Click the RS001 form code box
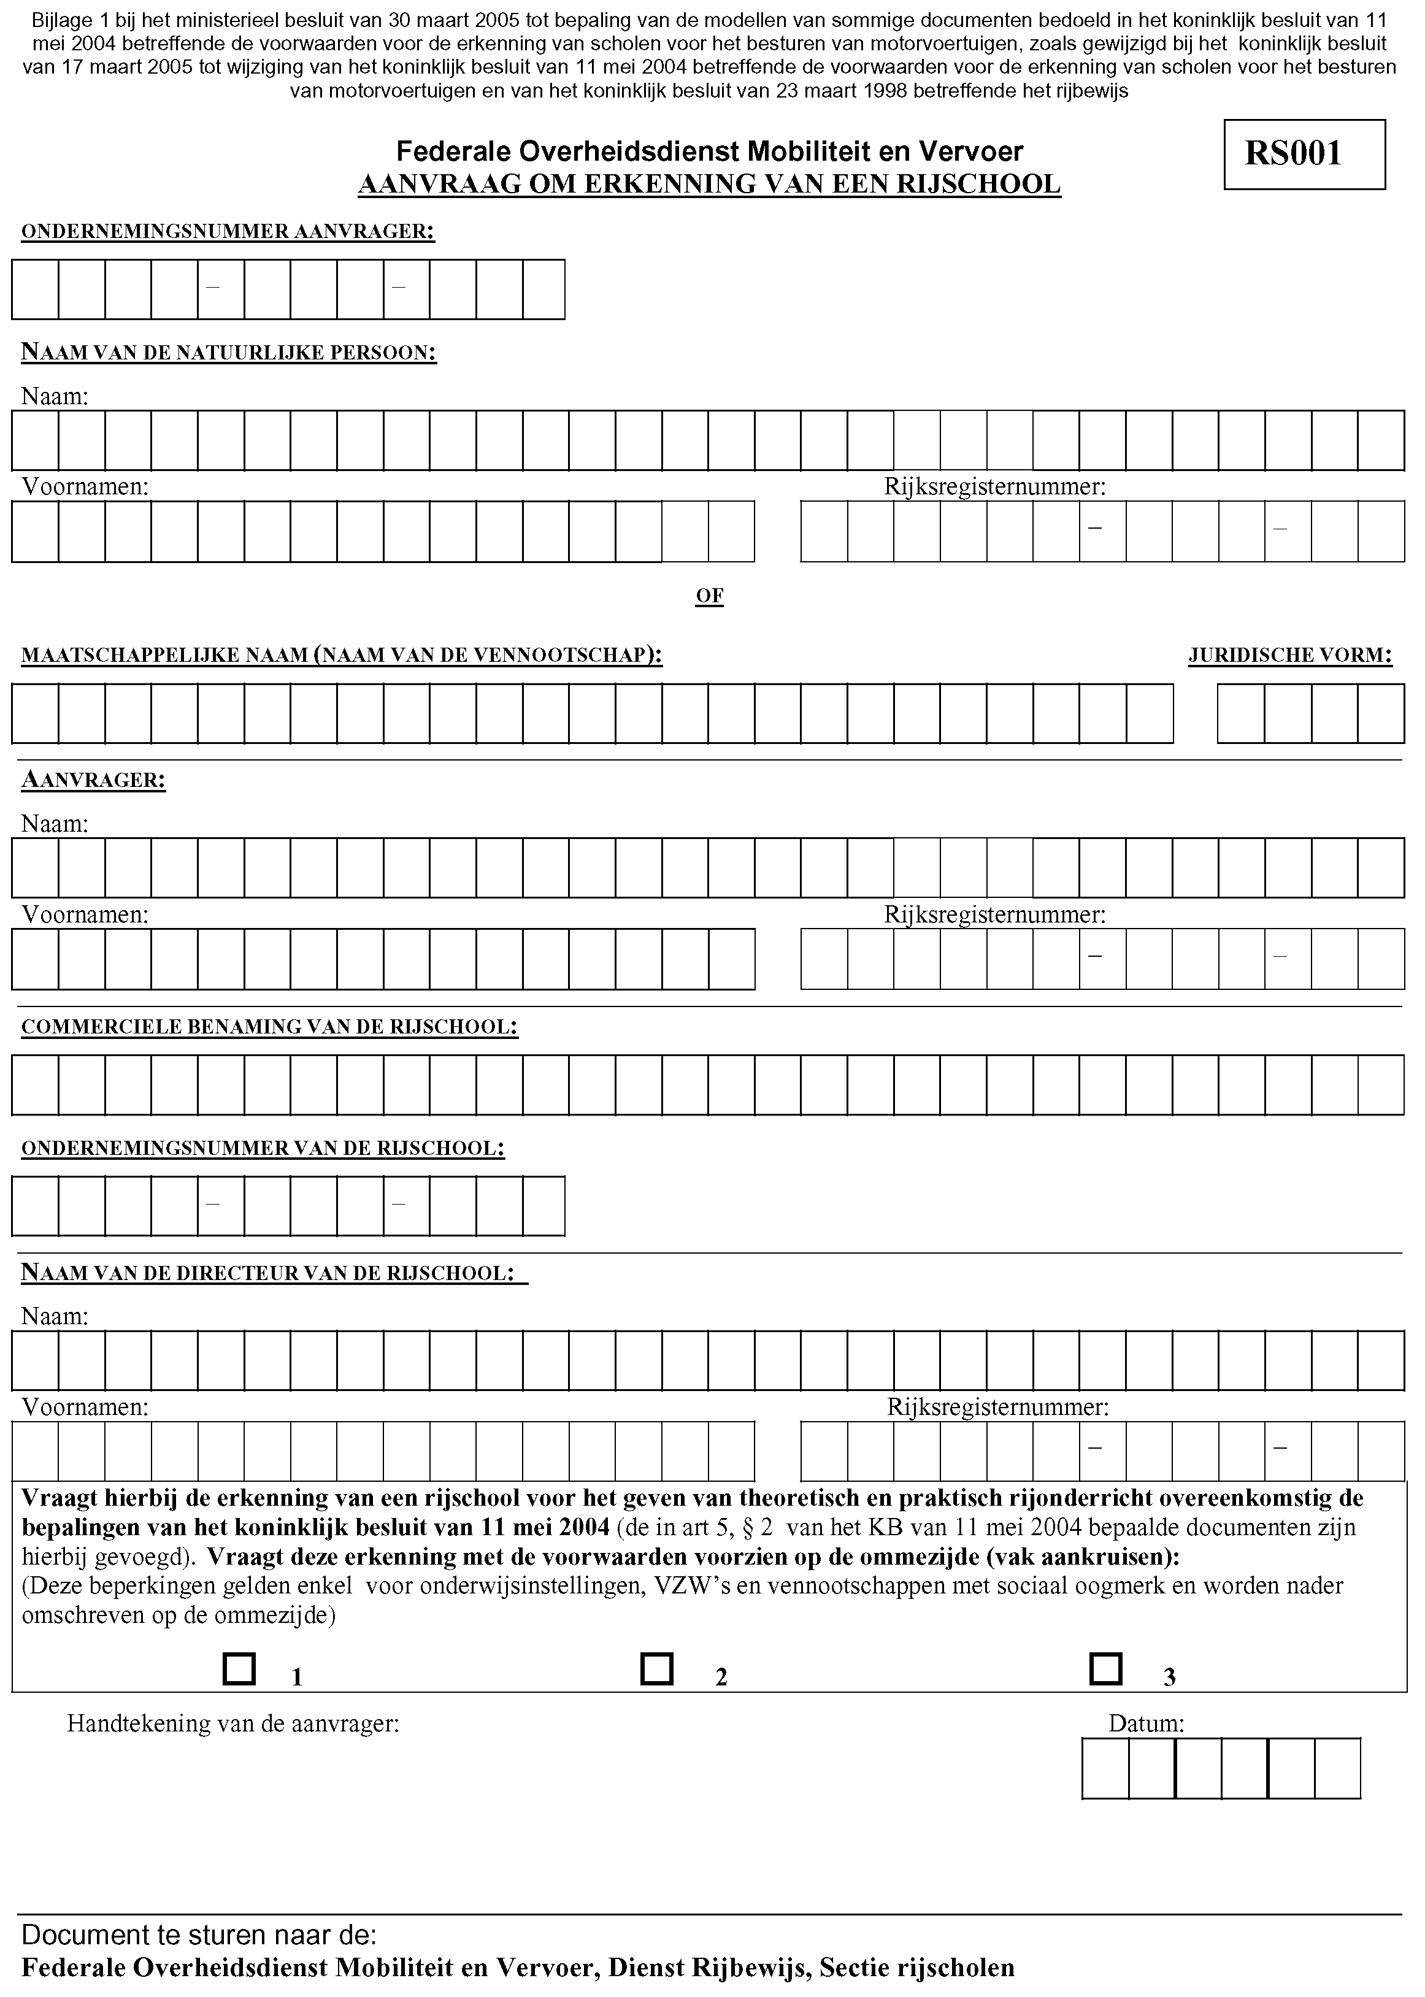pos(1304,155)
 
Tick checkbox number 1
pos(239,1669)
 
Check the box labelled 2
pos(656,1669)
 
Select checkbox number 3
pos(1105,1669)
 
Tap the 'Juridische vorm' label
pos(1290,656)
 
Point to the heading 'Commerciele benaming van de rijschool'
pos(269,1027)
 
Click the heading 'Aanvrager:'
pos(94,780)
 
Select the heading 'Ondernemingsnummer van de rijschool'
pos(263,1149)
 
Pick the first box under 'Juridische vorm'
pos(1241,713)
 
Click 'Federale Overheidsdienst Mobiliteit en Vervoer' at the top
pos(709,151)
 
